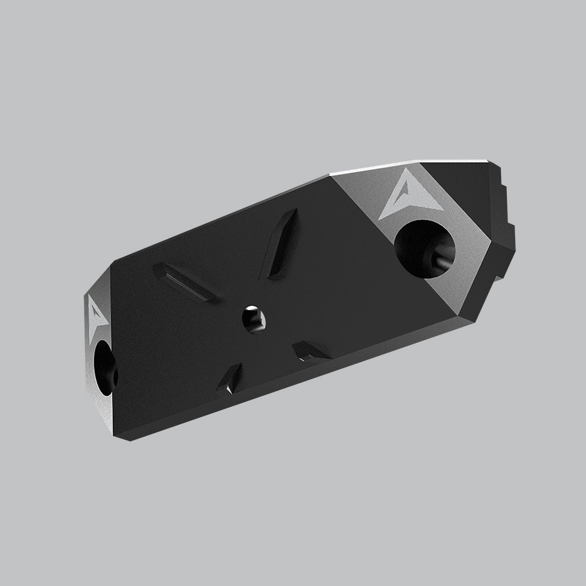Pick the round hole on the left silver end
click(105, 366)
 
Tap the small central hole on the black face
click(253, 320)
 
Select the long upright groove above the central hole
click(280, 243)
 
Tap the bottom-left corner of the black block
click(130, 438)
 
